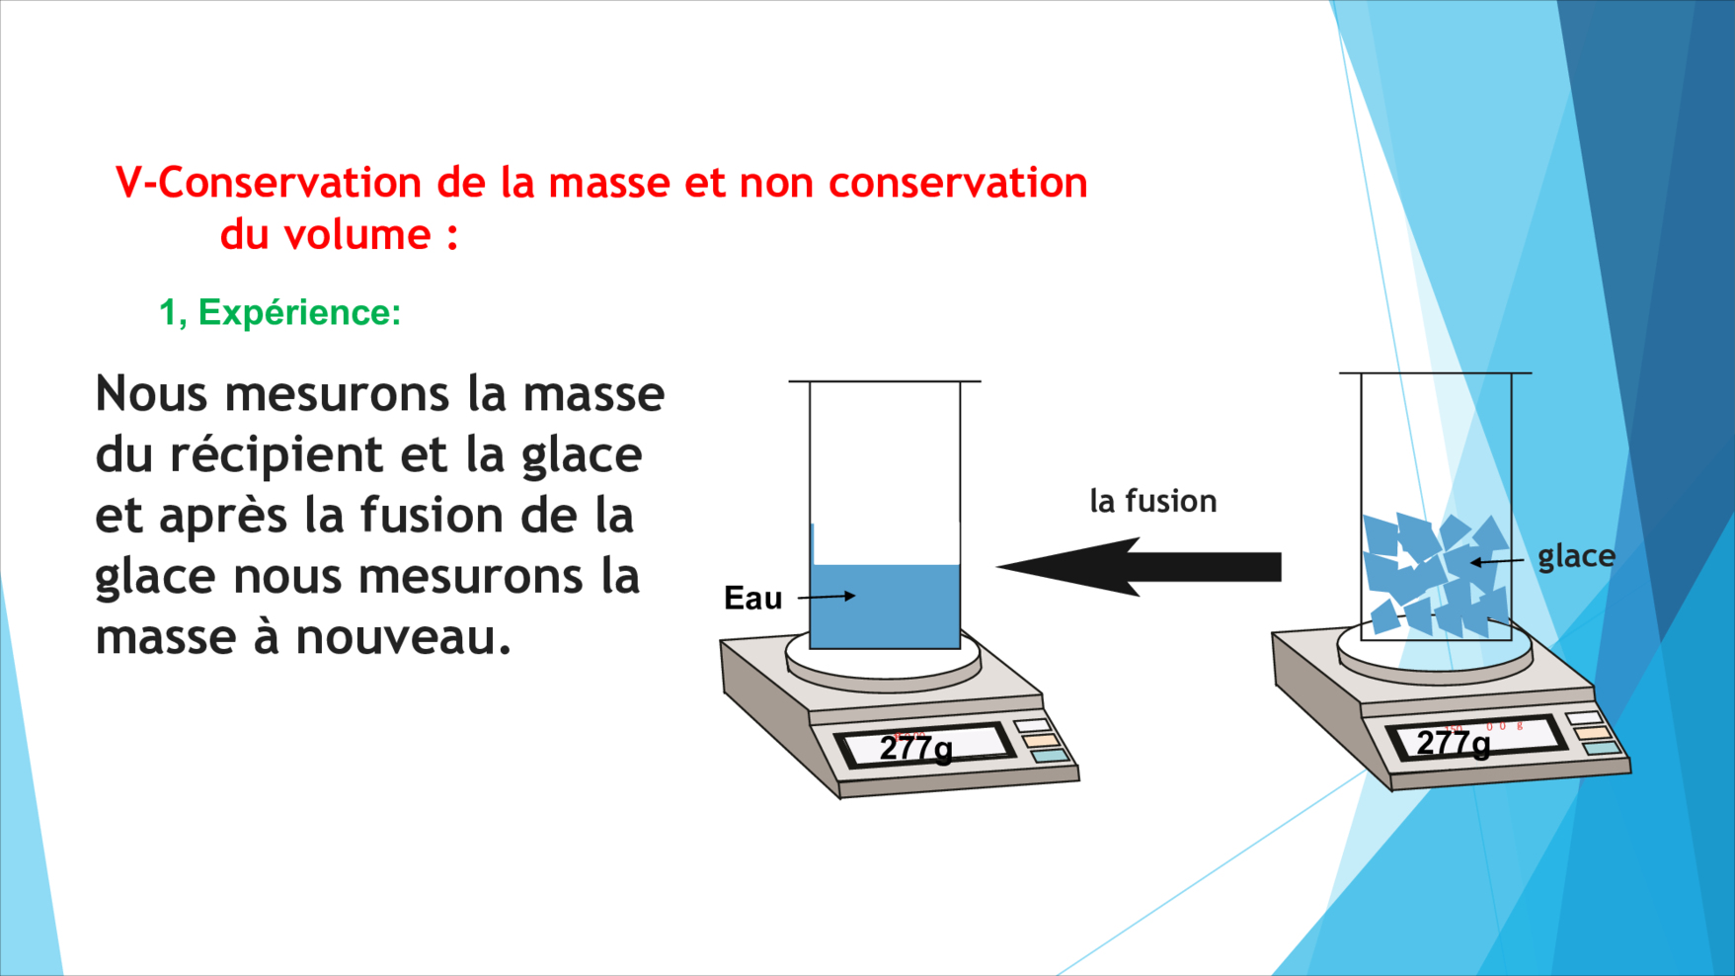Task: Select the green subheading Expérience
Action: (299, 312)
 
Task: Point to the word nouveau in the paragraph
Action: (404, 638)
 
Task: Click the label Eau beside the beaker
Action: (752, 598)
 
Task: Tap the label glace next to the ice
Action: (1576, 557)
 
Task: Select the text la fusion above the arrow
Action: (1153, 501)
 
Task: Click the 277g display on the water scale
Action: (916, 748)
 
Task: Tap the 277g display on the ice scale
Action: (1453, 743)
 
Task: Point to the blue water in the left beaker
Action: (885, 605)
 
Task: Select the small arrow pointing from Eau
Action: (827, 597)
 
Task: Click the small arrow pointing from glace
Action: (1497, 561)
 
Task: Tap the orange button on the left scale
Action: (1040, 740)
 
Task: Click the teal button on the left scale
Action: (1050, 756)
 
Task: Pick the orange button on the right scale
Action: (1592, 733)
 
